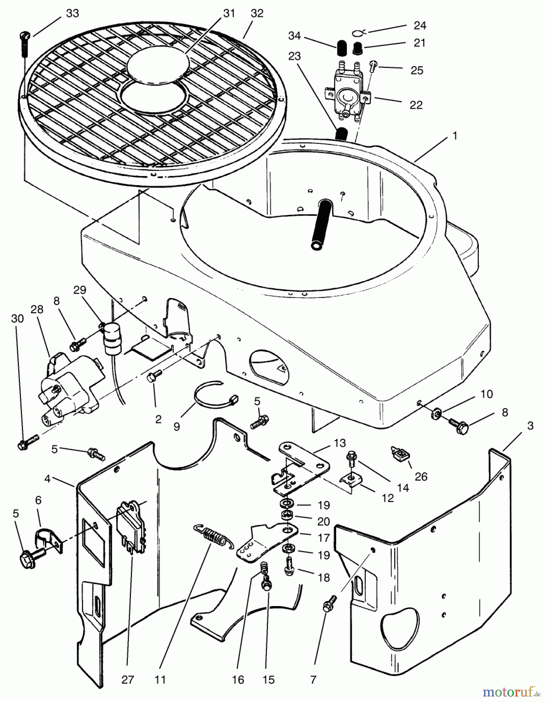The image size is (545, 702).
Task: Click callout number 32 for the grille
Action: [257, 14]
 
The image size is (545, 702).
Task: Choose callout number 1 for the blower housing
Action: [455, 136]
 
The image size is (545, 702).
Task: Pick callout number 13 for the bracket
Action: [340, 443]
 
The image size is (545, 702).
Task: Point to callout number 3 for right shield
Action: [530, 426]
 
